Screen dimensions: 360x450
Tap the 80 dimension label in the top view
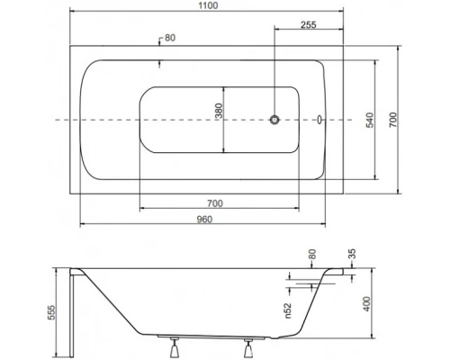(172, 38)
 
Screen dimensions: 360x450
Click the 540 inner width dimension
(382, 119)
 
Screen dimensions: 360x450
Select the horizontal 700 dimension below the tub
(214, 202)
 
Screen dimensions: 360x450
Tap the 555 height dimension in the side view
(54, 310)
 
